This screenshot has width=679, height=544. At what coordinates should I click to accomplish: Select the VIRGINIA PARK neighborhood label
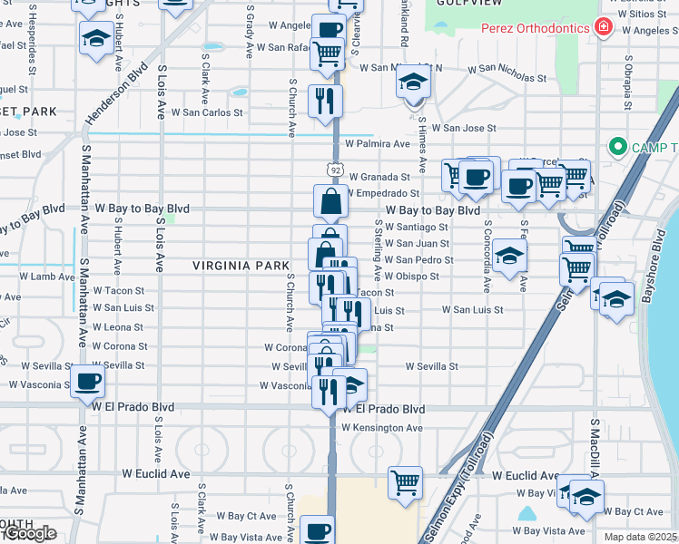[x=240, y=266]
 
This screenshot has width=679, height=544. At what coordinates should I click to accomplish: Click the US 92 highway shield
[x=334, y=170]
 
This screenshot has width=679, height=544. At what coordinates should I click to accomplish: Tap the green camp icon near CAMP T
[x=618, y=146]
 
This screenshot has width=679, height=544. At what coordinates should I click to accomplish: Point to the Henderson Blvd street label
[x=117, y=98]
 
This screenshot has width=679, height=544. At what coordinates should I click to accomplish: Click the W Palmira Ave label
[x=377, y=143]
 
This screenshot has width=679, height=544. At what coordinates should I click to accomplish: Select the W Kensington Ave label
[x=382, y=427]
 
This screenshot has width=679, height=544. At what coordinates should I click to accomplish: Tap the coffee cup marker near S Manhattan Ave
[x=87, y=382]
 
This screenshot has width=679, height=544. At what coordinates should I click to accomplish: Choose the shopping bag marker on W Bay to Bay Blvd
[x=331, y=200]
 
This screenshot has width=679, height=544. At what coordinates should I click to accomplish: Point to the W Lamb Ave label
[x=47, y=276]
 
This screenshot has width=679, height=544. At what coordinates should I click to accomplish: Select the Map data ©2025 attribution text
[x=641, y=537]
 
